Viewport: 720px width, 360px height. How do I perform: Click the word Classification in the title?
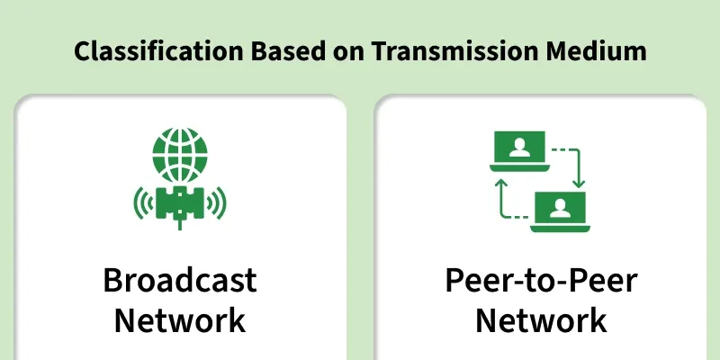[158, 51]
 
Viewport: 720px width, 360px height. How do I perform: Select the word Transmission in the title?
[454, 51]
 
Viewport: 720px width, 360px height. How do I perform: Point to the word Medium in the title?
[596, 51]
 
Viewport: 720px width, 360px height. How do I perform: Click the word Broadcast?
[180, 280]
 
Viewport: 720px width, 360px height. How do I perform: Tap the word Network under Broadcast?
[180, 320]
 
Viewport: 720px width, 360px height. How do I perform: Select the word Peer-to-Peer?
[542, 280]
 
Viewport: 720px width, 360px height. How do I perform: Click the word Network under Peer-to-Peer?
[542, 320]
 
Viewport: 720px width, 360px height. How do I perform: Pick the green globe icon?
[180, 155]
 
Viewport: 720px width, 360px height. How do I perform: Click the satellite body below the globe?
[180, 202]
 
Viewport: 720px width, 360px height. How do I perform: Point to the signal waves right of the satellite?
[217, 202]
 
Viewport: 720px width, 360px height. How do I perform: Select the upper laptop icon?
[519, 151]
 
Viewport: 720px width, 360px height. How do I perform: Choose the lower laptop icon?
[560, 211]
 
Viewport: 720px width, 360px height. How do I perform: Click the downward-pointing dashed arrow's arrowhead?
[579, 183]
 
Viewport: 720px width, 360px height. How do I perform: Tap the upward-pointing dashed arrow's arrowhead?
[501, 184]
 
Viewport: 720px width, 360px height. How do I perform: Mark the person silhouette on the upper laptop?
[519, 148]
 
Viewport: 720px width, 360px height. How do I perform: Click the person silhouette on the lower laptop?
[560, 208]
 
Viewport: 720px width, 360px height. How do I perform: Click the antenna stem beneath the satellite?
[180, 224]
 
